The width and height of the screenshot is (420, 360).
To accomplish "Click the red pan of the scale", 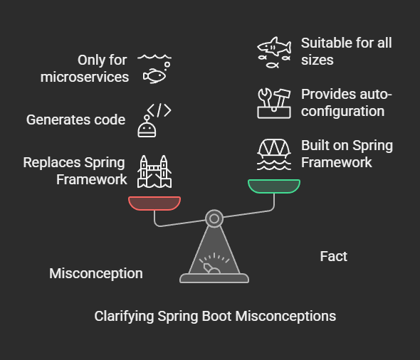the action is pos(154,203).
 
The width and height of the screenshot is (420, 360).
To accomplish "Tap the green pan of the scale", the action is pos(274,186).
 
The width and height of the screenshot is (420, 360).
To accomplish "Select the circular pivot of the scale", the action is pos(214,218).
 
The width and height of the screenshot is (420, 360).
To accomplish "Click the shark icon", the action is pos(275,46).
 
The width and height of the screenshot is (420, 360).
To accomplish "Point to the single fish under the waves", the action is pos(154,75).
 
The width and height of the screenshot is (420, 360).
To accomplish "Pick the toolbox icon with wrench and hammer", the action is pos(274,103).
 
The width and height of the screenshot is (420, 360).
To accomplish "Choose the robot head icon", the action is pos(147,127).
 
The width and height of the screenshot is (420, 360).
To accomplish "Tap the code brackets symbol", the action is pos(159,110).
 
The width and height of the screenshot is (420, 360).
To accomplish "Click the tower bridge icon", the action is pos(154,171).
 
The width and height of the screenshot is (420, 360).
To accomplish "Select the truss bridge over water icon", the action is pos(274,154).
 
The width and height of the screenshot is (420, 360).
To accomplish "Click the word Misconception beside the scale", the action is pos(96,273).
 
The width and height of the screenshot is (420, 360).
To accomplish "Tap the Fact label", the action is pos(333,256).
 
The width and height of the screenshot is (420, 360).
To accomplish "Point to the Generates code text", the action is pos(75,120).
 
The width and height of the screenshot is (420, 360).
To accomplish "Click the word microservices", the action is pos(85,77).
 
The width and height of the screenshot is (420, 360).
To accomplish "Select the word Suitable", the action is pos(325,43).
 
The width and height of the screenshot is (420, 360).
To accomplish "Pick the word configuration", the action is pos(342,112).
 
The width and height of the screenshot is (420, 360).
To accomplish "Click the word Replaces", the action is pos(52,162).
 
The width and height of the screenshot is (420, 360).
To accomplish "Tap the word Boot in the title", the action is pos(216,316).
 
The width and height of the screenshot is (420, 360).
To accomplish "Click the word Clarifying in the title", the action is pos(124,317).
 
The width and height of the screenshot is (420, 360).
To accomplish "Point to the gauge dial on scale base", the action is pos(214,263).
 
